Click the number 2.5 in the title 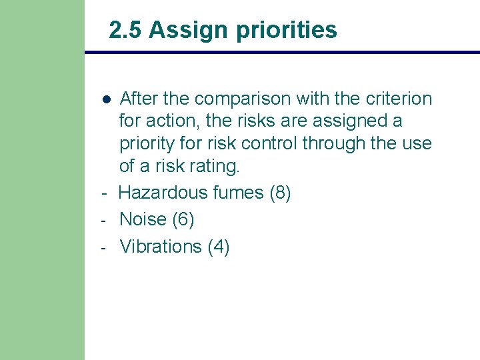pos(125,30)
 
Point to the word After pos(139,99)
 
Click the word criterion pos(399,99)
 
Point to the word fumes pos(238,193)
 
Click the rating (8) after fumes pos(280,193)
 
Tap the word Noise pos(143,219)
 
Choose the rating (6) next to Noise pos(183,219)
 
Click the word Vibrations pos(160,246)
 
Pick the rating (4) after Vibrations pos(219,246)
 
